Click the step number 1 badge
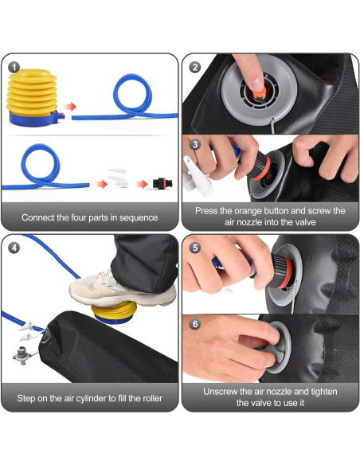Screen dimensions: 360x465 [x=14, y=68]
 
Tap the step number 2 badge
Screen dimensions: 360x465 [x=194, y=68]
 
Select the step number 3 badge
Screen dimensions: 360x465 [x=195, y=144]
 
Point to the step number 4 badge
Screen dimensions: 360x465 [x=14, y=248]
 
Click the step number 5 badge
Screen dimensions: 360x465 [x=195, y=248]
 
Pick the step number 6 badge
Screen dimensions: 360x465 [x=195, y=324]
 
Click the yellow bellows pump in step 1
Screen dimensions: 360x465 [x=33, y=98]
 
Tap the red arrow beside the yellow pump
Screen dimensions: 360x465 [x=70, y=107]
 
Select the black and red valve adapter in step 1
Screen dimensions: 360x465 [x=162, y=183]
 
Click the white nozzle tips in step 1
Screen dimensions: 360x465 [x=119, y=178]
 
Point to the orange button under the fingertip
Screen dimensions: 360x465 [x=259, y=94]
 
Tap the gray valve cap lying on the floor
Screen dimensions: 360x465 [x=22, y=355]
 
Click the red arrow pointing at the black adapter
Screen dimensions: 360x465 [x=142, y=184]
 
